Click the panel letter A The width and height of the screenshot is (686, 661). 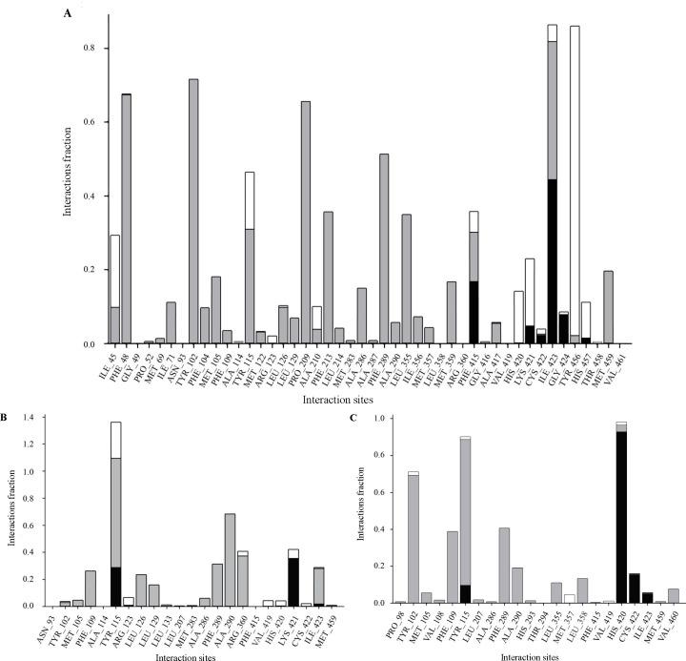coord(67,12)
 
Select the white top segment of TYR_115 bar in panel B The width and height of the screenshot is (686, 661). coord(116,440)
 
